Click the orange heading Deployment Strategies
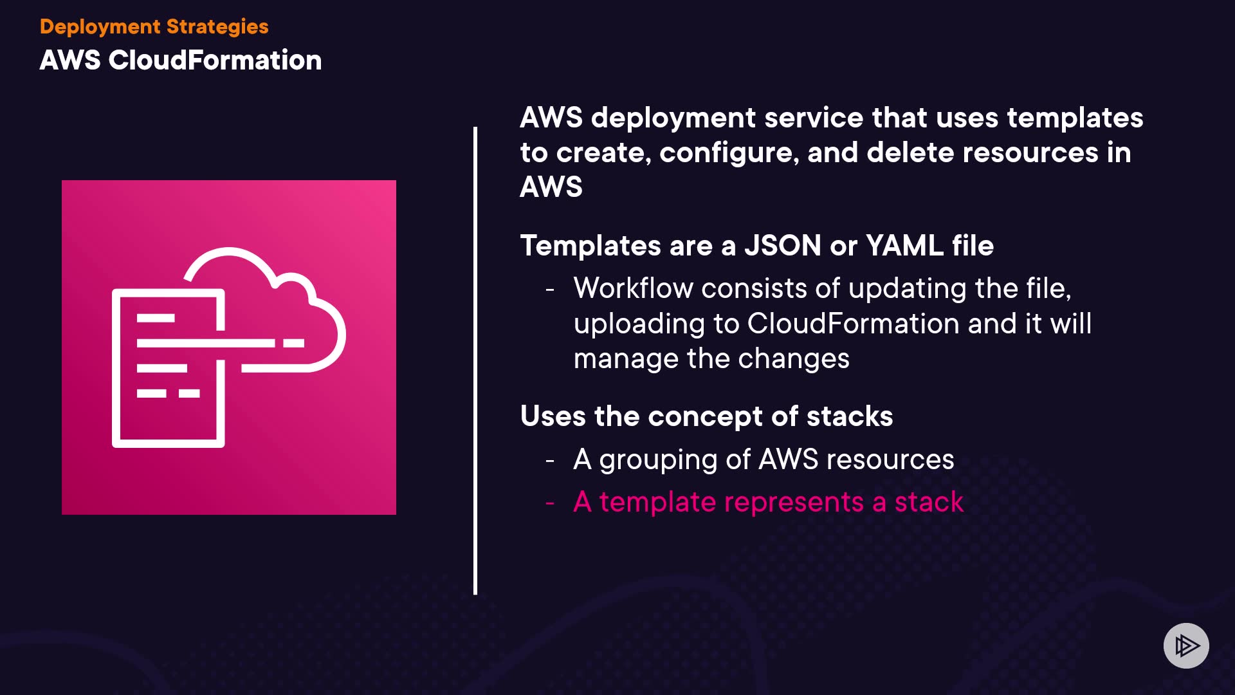(x=154, y=26)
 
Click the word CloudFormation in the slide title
(x=215, y=60)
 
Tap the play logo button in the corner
(x=1186, y=645)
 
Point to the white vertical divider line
(x=475, y=360)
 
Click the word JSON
(x=782, y=245)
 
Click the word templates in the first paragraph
(x=1075, y=118)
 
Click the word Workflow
(x=633, y=288)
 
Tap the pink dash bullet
(x=550, y=503)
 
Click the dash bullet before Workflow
(x=550, y=290)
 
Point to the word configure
(x=729, y=153)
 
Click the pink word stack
(x=929, y=502)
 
